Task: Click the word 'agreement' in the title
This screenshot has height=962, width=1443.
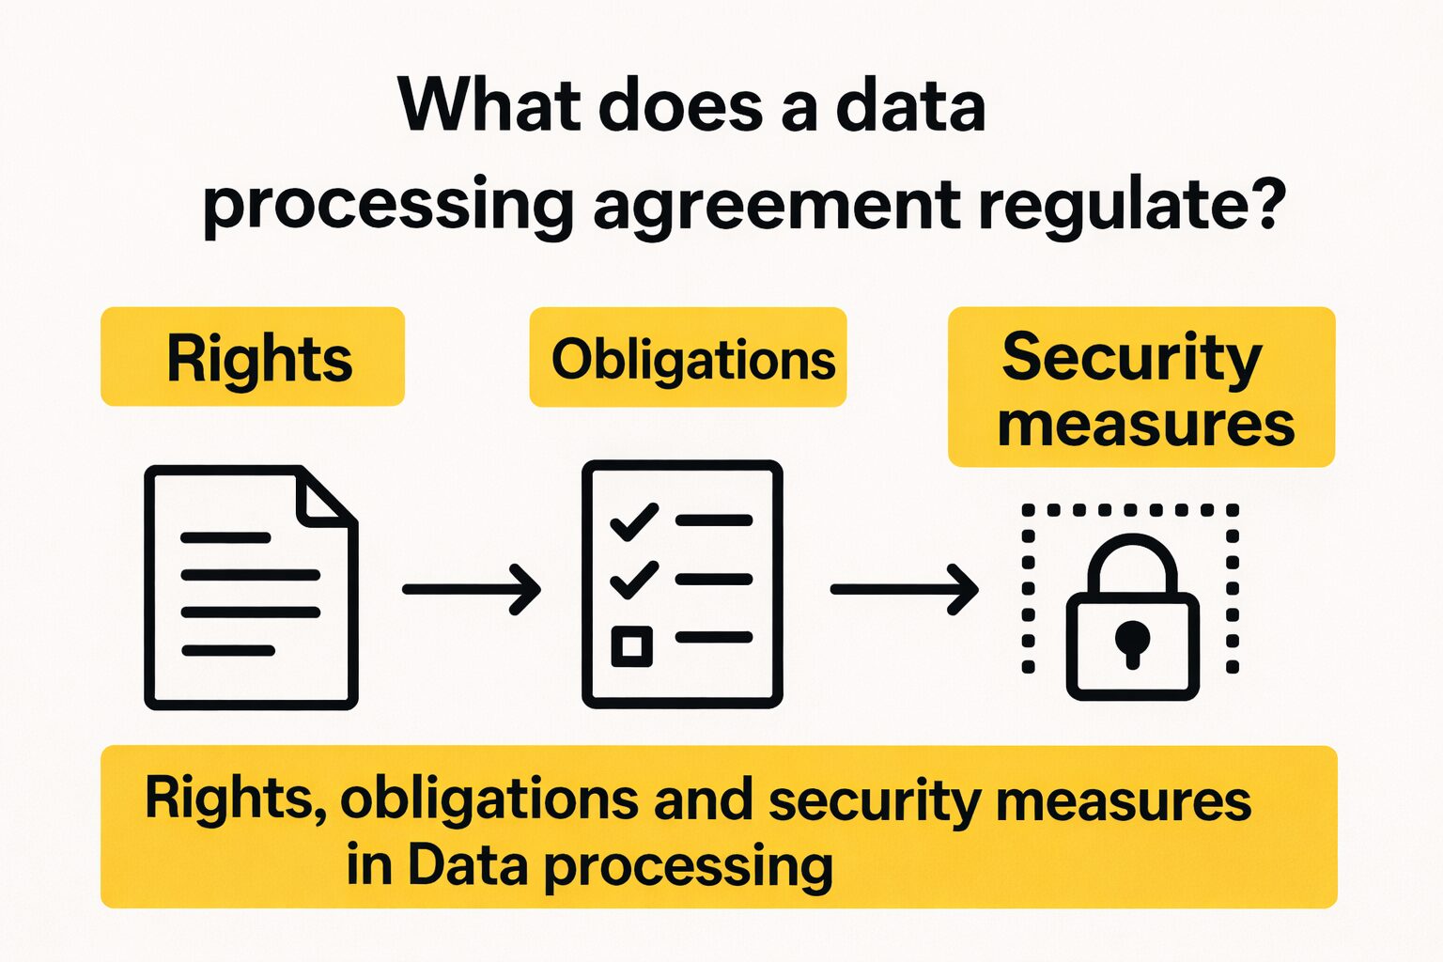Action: (777, 205)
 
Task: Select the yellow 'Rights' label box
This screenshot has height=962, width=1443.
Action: (253, 357)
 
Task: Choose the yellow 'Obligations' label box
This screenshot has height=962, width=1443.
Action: (688, 358)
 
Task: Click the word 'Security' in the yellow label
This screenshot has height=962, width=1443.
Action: (1132, 357)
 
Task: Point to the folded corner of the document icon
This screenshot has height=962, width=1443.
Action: (322, 498)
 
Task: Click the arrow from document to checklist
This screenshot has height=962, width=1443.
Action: (471, 589)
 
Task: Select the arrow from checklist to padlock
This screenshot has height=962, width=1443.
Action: (904, 589)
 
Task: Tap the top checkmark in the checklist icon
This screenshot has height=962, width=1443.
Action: (634, 520)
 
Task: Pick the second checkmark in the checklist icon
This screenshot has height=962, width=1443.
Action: (634, 579)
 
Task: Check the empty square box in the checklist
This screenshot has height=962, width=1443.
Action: (631, 645)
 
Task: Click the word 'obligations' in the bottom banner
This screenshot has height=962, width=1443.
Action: (489, 800)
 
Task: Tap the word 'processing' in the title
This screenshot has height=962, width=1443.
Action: (387, 205)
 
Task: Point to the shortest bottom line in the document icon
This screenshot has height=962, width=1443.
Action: (228, 650)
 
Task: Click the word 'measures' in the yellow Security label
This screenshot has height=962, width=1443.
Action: (1146, 425)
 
